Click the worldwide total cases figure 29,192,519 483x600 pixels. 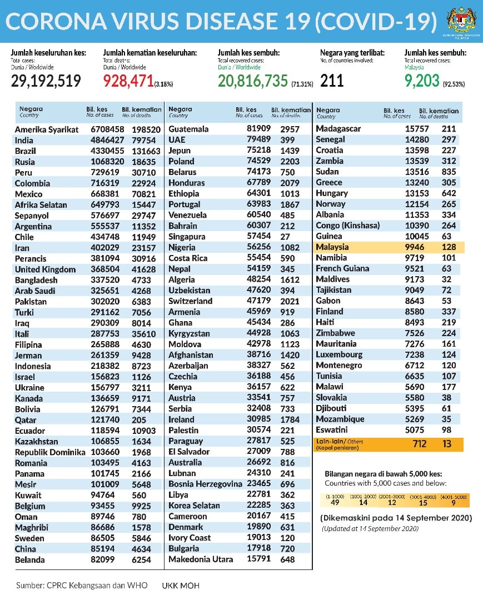pyautogui.click(x=46, y=81)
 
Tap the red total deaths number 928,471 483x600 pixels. pyautogui.click(x=128, y=81)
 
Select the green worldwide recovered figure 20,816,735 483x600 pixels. pyautogui.click(x=252, y=81)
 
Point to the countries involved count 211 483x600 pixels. pyautogui.click(x=332, y=81)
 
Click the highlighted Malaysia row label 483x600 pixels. pyautogui.click(x=332, y=247)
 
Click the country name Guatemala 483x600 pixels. pyautogui.click(x=188, y=129)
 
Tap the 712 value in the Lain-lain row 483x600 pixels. pyautogui.click(x=404, y=444)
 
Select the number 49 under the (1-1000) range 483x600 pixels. pyautogui.click(x=335, y=503)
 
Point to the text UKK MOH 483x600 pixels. pyautogui.click(x=181, y=586)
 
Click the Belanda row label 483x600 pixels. pyautogui.click(x=30, y=560)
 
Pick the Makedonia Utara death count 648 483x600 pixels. pyautogui.click(x=288, y=559)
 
